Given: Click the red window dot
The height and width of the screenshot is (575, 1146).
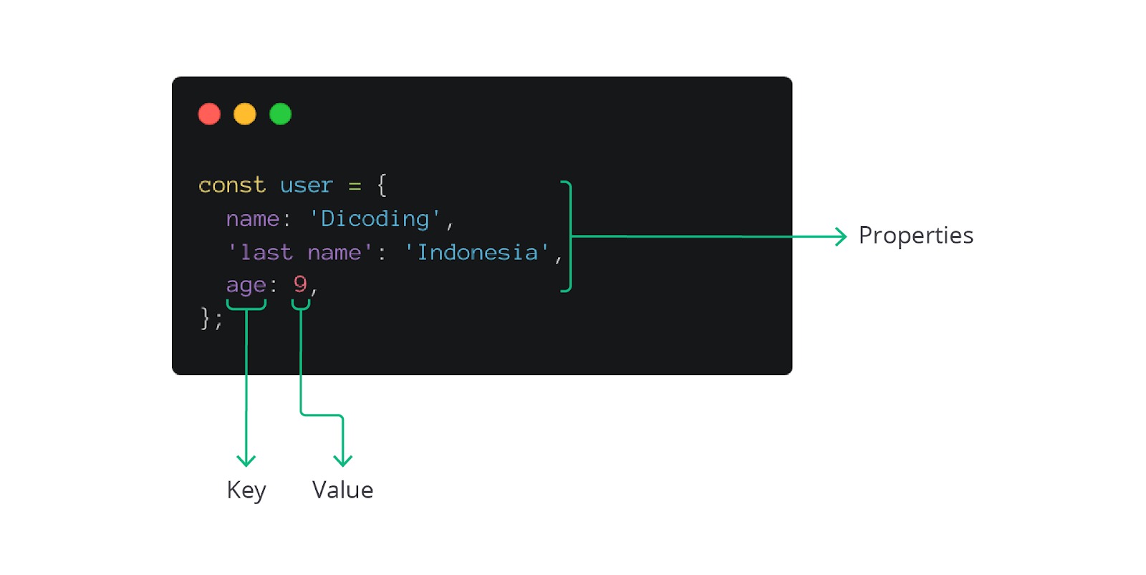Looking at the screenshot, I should (209, 114).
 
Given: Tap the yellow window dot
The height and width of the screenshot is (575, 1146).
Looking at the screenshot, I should (245, 114).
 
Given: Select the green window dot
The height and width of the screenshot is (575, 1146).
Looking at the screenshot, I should (280, 114).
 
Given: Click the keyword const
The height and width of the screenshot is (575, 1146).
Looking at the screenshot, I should (231, 185).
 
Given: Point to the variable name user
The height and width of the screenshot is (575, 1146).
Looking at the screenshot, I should (306, 185).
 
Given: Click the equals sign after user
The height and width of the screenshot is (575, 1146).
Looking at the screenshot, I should (355, 186).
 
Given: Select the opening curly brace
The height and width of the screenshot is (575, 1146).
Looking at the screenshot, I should (382, 185).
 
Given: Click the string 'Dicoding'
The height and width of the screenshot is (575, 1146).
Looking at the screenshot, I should (375, 218).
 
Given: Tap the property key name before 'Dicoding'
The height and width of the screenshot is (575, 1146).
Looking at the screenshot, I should (252, 218).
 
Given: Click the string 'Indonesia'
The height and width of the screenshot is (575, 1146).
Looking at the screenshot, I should (477, 252).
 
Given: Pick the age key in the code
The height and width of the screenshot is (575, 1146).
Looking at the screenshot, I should (246, 285).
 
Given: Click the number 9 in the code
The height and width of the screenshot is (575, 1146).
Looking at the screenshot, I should (300, 284).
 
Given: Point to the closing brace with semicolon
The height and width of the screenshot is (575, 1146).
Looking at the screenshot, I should (211, 318).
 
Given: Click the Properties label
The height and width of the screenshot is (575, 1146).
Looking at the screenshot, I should (915, 236).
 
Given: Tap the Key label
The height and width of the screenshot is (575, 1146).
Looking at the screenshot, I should (246, 491).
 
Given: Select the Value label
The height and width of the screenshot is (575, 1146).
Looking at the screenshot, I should (342, 491).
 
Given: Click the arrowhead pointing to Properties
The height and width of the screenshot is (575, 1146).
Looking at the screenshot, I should (842, 236).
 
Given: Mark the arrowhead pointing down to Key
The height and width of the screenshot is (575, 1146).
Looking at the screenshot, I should (246, 460).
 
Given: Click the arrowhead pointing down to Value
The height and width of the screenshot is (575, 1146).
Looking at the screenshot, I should (343, 460).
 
